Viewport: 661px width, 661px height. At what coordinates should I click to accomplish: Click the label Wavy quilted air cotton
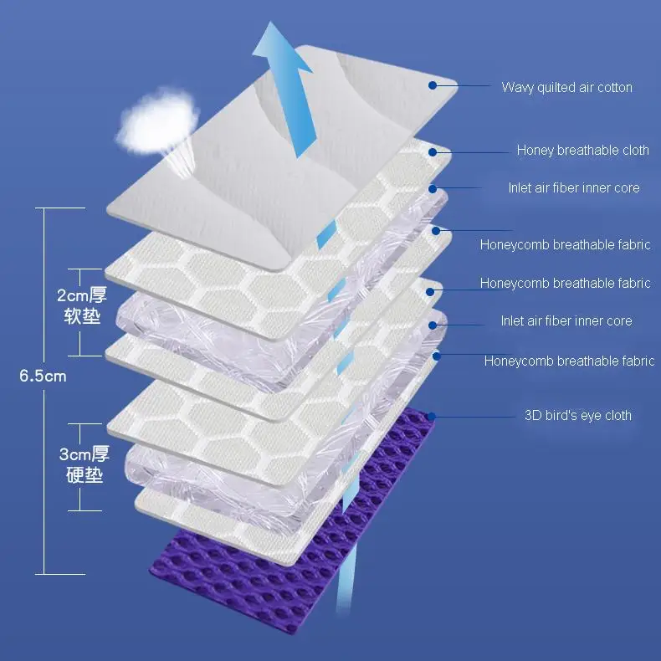coord(566,87)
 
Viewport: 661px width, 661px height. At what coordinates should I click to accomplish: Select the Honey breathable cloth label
coord(582,151)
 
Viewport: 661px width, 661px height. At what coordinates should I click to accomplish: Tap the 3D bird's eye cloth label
coord(577,415)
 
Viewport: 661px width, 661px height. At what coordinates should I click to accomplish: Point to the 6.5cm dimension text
coord(43,376)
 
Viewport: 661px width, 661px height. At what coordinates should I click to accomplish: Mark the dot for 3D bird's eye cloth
coord(431,415)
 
